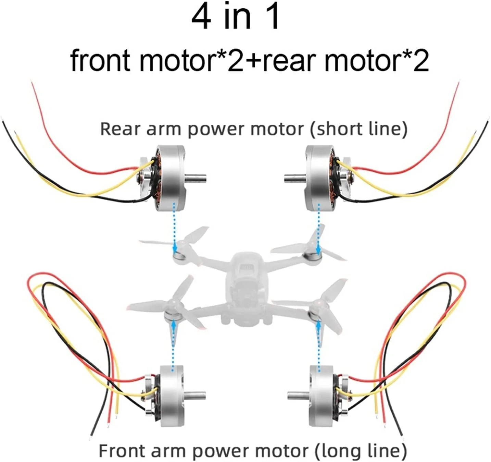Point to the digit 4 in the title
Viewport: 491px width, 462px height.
(201, 17)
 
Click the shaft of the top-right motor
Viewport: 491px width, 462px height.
(294, 178)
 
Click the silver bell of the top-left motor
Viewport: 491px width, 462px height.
(173, 178)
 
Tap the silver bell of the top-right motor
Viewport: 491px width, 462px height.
(317, 178)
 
